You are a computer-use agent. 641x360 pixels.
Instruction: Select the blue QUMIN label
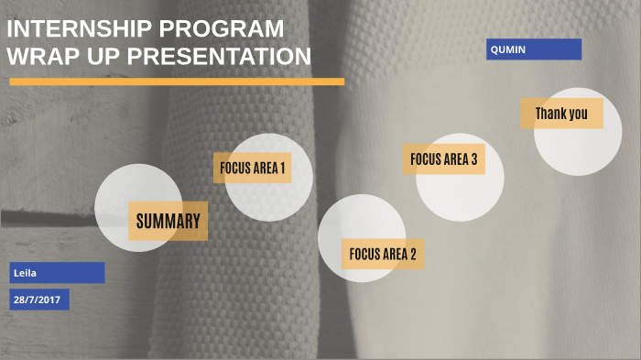(533, 49)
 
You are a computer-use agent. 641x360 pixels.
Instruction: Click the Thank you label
(561, 114)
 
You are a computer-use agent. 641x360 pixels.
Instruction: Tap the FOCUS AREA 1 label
(252, 168)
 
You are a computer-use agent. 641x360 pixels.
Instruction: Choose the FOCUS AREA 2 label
(383, 254)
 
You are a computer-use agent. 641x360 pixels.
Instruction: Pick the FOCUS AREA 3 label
(443, 158)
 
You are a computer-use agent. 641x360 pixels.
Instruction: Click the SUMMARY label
(168, 221)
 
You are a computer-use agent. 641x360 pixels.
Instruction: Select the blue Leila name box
(57, 272)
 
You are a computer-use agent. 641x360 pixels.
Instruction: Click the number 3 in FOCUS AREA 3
(473, 158)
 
